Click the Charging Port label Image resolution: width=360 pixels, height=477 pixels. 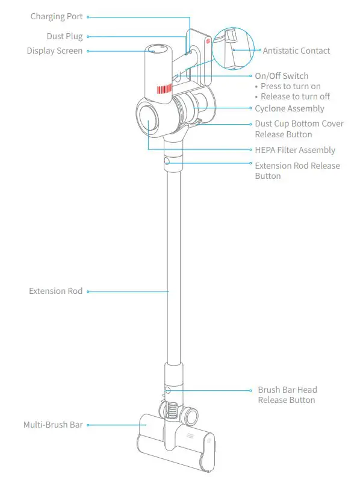point(57,17)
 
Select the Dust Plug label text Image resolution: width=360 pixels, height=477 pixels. point(64,37)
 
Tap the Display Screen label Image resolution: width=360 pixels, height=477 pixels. point(54,51)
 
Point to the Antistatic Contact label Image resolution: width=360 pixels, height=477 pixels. point(296,51)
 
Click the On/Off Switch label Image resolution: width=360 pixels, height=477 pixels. point(281,76)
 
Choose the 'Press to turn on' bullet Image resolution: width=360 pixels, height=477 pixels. point(290,86)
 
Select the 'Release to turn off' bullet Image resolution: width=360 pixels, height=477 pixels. point(295,96)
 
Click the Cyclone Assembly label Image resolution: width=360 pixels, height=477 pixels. point(289,108)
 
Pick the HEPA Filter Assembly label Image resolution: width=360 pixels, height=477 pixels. point(295,150)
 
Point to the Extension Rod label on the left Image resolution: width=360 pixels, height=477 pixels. point(55,291)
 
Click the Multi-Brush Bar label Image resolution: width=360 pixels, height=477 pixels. point(53,425)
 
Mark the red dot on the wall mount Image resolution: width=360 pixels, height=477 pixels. point(208,43)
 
